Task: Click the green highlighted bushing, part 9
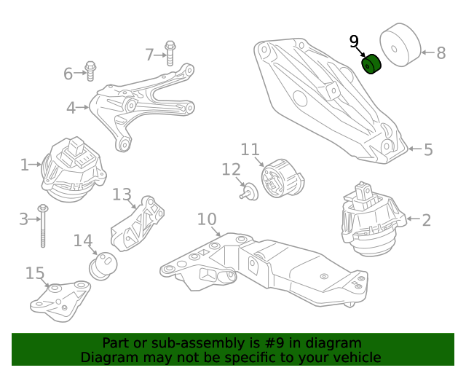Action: [x=373, y=65]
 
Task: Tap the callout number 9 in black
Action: [x=354, y=42]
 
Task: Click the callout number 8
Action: [x=441, y=52]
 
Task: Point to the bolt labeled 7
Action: [x=170, y=52]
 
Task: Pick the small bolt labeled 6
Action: [x=91, y=71]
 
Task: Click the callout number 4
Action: [x=71, y=109]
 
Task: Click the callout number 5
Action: [x=428, y=149]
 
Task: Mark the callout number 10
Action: [x=207, y=219]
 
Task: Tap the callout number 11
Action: [x=250, y=149]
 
